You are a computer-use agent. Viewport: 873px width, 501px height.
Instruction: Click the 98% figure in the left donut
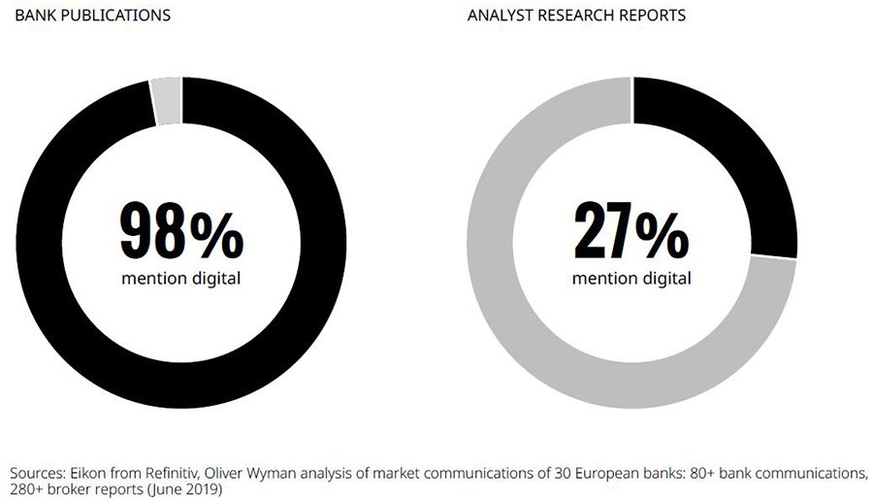point(181,230)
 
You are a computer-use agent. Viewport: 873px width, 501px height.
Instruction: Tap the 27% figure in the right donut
point(631,230)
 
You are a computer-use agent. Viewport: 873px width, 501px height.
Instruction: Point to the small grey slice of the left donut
point(166,101)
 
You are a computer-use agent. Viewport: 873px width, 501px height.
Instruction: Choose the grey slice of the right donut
point(543,320)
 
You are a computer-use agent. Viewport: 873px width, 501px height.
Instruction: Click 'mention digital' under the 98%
point(181,279)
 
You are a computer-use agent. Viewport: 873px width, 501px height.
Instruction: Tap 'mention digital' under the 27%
point(631,279)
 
